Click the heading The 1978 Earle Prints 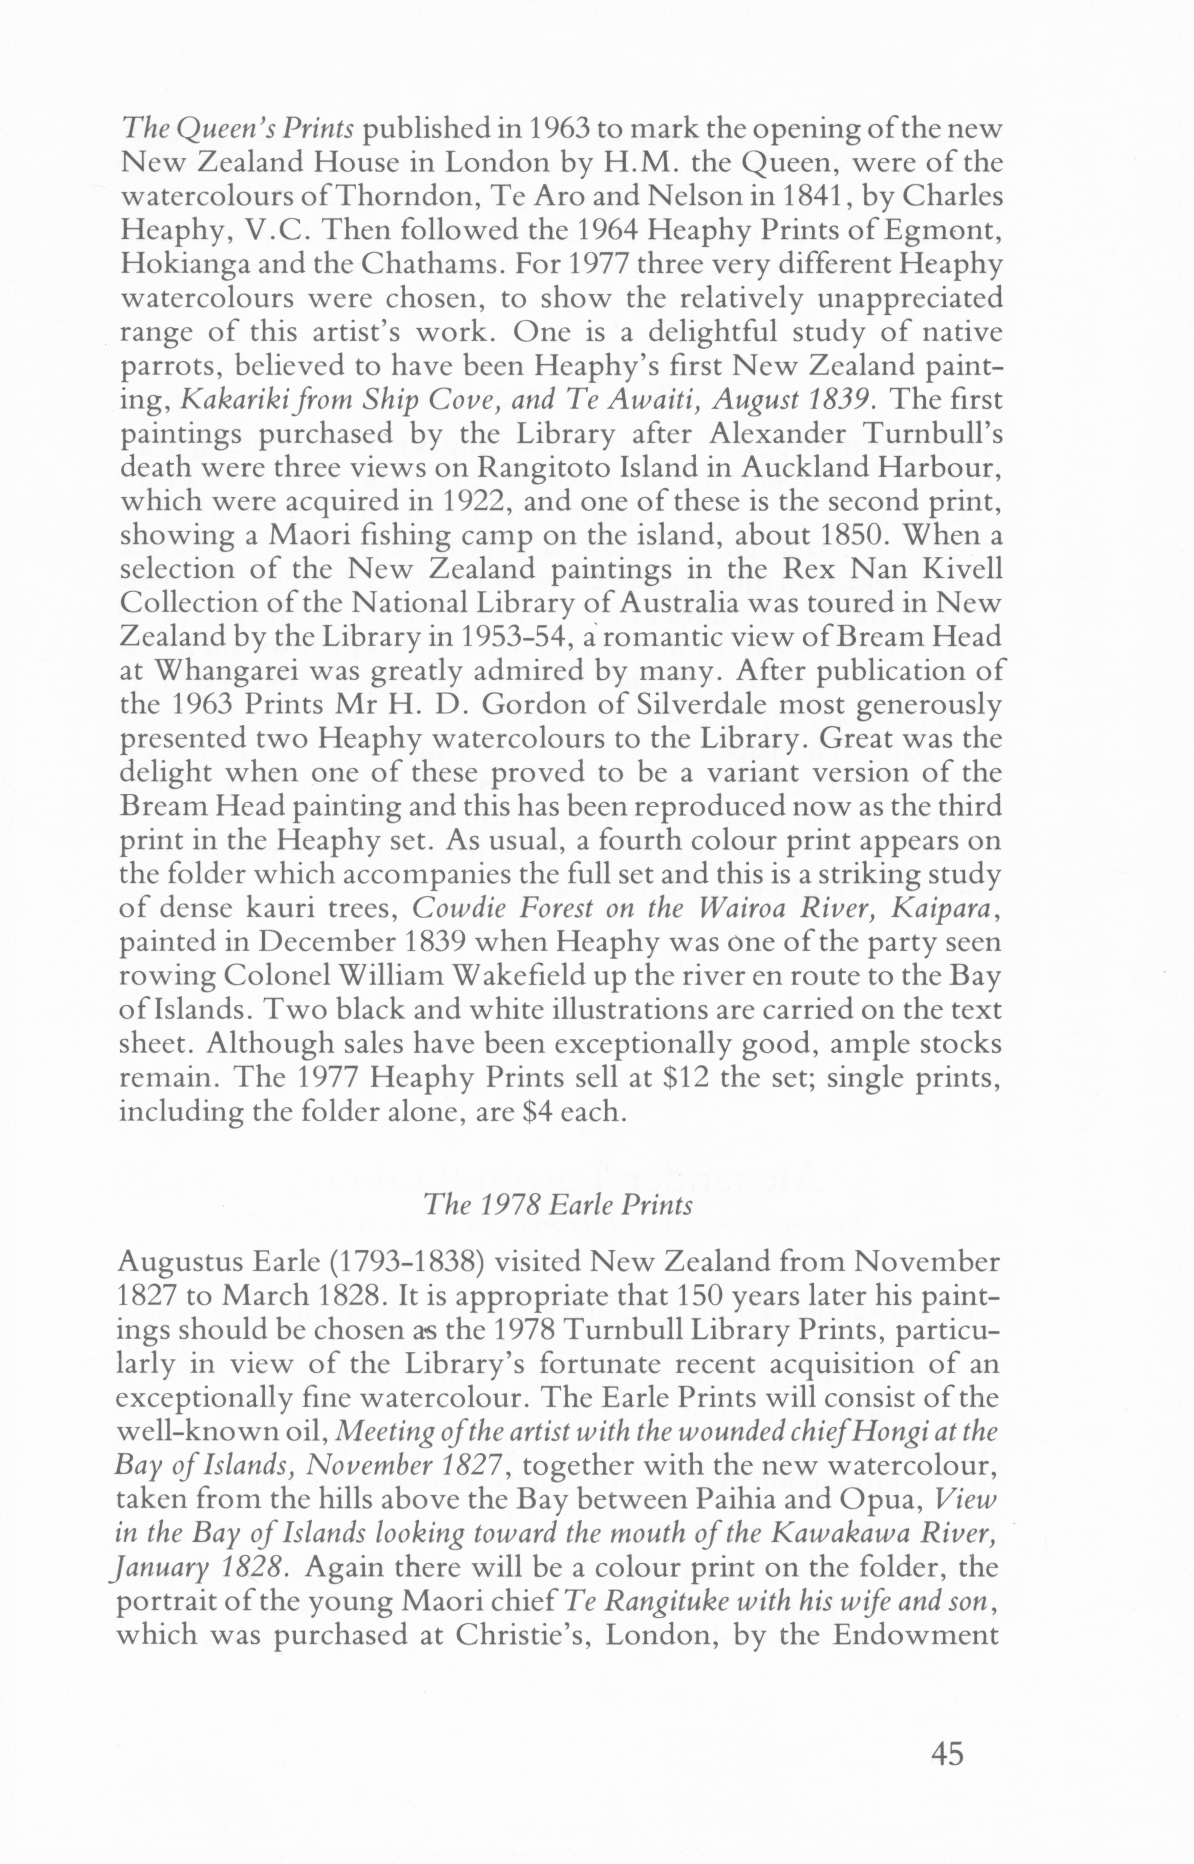[558, 1203]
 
